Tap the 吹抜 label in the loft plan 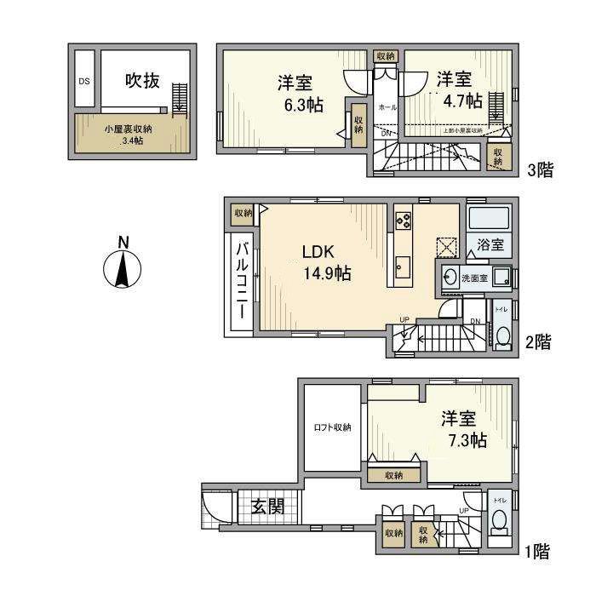[x=142, y=81]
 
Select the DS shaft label [x=84, y=82]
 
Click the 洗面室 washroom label [x=474, y=278]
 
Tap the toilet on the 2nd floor [x=502, y=335]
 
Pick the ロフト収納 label [x=331, y=427]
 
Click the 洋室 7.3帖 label [x=464, y=429]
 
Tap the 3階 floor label [x=540, y=169]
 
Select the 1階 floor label [x=536, y=553]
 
